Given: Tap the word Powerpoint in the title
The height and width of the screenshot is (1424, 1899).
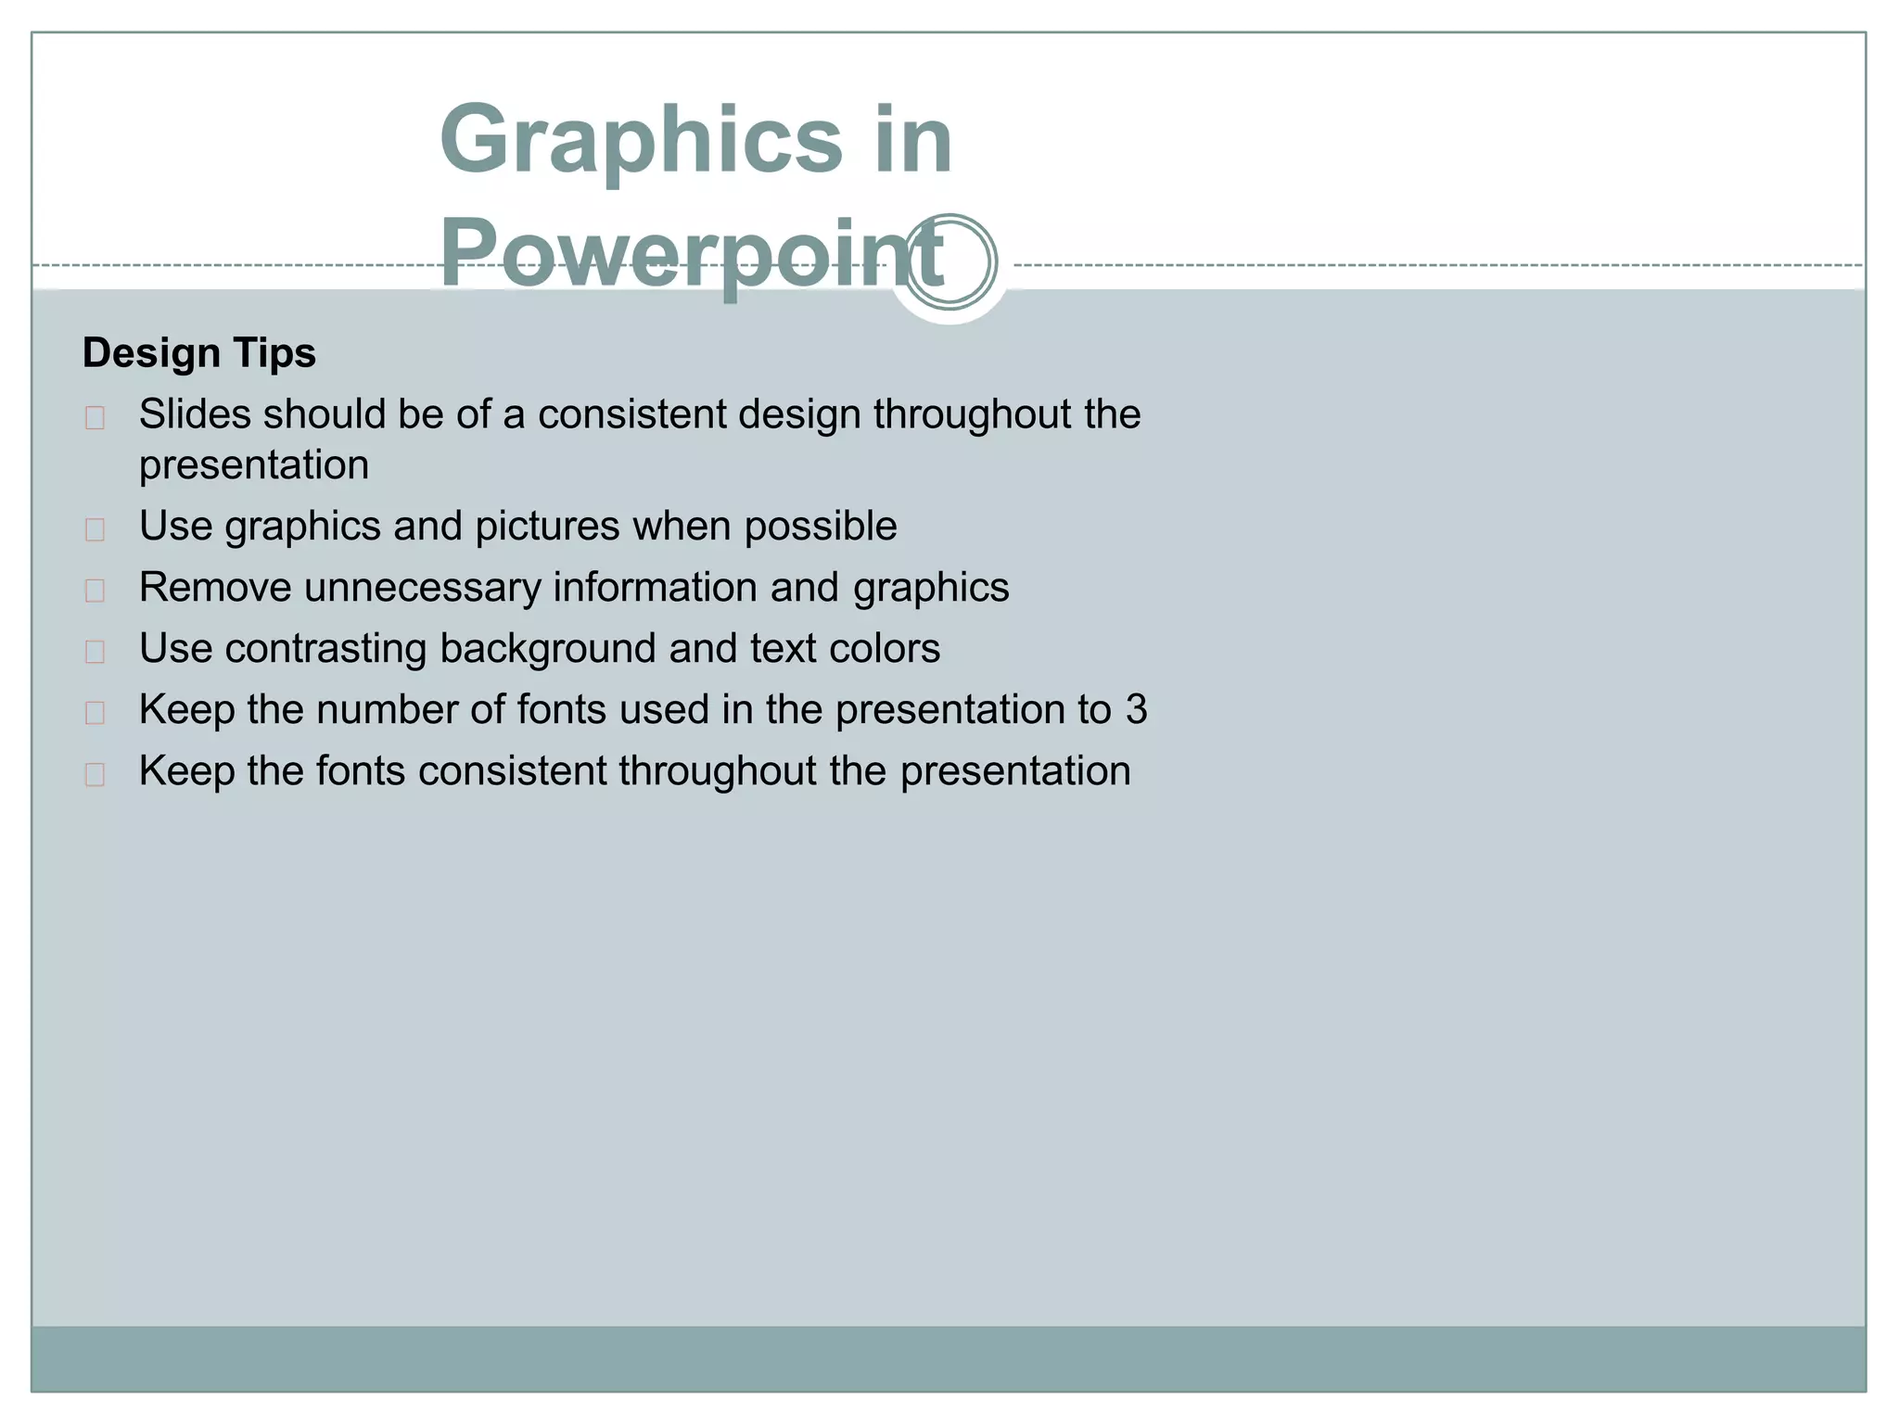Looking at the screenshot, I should point(691,253).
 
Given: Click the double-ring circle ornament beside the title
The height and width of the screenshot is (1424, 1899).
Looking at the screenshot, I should point(950,262).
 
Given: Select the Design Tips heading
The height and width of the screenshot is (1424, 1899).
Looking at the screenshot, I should point(199,353).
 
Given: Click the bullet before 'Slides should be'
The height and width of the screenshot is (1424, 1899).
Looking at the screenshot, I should point(95,418).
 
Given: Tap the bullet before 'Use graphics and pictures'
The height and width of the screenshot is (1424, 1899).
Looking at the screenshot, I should point(95,529).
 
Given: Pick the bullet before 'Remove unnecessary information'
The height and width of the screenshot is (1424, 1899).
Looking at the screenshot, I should point(95,591).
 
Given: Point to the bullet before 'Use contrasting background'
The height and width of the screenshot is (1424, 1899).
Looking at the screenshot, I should point(95,652).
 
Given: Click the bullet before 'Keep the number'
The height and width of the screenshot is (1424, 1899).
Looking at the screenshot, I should point(95,713).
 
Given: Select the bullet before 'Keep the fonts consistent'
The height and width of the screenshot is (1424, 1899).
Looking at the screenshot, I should point(95,774).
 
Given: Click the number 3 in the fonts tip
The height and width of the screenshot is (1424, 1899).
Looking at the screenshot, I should point(1136,710).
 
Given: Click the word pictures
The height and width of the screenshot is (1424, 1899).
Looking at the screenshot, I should point(547,527).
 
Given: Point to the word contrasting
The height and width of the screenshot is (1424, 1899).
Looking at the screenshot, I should point(325,649).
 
